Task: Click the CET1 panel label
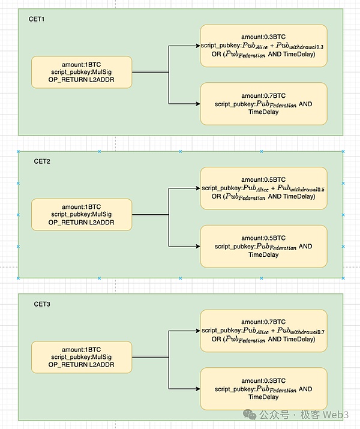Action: (x=37, y=19)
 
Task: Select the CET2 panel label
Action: (x=42, y=161)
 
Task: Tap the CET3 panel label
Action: (x=42, y=305)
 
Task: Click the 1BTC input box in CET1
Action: (x=81, y=72)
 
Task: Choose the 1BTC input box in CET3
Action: (x=81, y=358)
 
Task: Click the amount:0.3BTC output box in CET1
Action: (x=263, y=46)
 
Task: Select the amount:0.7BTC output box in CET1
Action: (x=263, y=104)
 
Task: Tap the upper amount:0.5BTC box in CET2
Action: (x=263, y=188)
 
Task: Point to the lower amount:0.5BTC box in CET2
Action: (x=263, y=246)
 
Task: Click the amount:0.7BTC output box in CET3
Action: (x=263, y=331)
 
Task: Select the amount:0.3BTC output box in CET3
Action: (x=263, y=389)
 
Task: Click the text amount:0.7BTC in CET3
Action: (x=263, y=322)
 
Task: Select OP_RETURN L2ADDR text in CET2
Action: (x=81, y=223)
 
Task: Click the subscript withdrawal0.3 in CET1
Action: (x=308, y=47)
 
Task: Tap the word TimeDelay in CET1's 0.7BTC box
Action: (x=263, y=112)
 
